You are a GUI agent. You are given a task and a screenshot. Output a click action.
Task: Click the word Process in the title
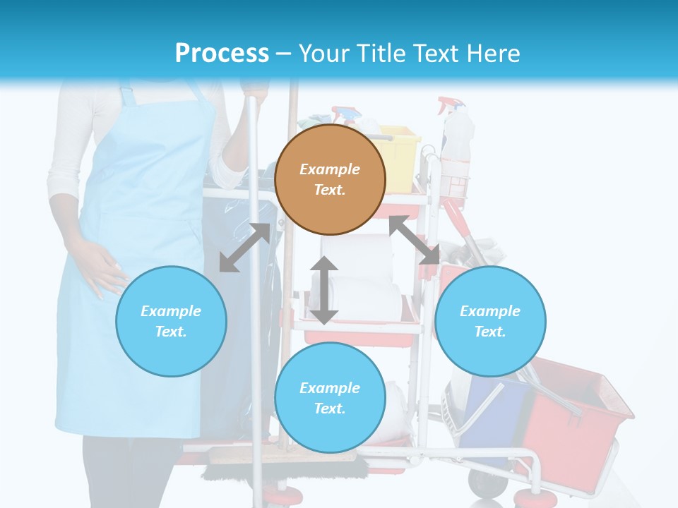(222, 54)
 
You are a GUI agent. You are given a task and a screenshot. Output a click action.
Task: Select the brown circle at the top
(330, 179)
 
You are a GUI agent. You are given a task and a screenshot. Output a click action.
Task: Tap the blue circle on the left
(171, 321)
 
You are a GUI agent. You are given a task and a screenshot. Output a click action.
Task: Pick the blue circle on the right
(490, 321)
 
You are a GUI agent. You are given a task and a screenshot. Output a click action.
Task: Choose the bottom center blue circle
(330, 398)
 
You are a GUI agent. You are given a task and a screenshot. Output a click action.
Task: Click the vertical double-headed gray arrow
(324, 290)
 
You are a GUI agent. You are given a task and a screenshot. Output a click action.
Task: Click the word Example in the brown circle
(330, 169)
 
